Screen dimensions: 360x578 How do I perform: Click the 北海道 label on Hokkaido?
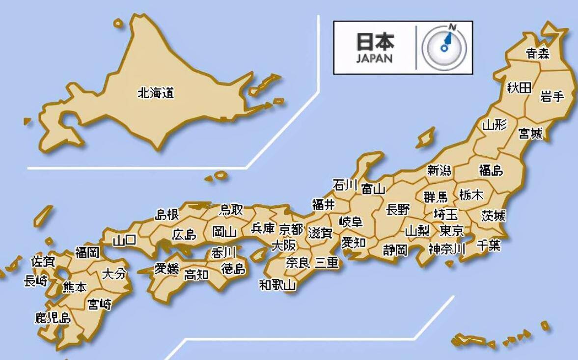coord(156,92)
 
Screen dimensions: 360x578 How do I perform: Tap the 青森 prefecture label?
coord(537,53)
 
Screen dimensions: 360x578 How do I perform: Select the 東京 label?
coord(451,230)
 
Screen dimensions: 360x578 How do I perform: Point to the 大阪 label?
coord(284,245)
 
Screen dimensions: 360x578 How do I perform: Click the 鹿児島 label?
coord(53,318)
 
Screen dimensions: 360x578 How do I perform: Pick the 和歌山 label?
coord(277,284)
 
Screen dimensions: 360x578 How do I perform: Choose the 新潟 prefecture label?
coord(439,170)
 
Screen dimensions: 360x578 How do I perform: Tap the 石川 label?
coord(345,185)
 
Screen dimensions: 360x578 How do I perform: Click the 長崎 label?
coord(36,281)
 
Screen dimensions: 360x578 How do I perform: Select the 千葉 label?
coord(488,246)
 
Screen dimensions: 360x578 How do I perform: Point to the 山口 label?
coord(124,241)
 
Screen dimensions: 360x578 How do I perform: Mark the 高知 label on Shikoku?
coord(196,275)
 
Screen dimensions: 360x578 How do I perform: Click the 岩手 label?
coord(552,96)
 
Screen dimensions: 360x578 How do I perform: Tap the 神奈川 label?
coord(446,249)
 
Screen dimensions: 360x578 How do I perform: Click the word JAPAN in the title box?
coord(374,58)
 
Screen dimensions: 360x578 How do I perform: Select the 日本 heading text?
coord(375,42)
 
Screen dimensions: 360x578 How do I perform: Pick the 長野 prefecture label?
coord(397,210)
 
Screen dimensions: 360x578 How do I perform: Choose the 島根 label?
coord(167,215)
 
